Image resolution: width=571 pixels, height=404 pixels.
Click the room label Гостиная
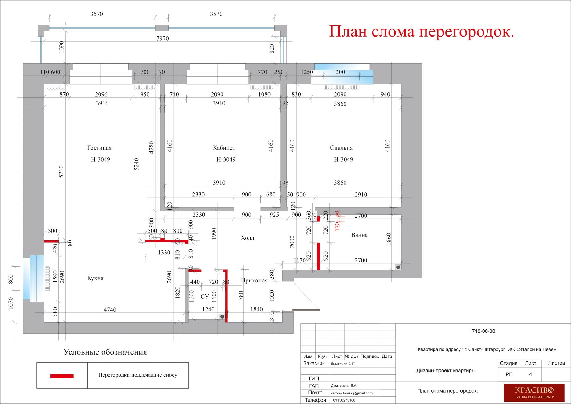[x=99, y=148]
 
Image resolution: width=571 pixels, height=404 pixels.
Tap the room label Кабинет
[x=224, y=148]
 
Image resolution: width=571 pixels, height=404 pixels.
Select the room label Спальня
[x=341, y=148]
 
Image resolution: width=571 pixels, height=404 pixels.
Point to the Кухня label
[x=96, y=278]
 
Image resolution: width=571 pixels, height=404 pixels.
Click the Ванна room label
[x=359, y=235]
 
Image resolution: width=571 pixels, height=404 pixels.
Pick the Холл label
[x=247, y=238]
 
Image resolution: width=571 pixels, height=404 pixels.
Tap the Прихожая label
[x=254, y=281]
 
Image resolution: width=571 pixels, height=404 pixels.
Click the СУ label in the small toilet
[x=204, y=297]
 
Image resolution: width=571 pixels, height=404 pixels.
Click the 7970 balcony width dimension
[x=163, y=39]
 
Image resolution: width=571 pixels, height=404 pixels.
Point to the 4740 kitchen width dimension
[x=110, y=310]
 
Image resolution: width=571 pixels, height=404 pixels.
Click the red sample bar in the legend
[x=62, y=376]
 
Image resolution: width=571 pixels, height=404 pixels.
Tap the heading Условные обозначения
[x=105, y=352]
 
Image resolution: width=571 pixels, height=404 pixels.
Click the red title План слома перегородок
[x=422, y=32]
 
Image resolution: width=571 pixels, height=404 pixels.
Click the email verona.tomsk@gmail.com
[x=352, y=393]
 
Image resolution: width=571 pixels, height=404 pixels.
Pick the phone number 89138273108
[x=344, y=400]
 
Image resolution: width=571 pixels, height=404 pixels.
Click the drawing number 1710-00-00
[x=482, y=332]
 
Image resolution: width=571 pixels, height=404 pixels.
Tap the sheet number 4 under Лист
[x=530, y=375]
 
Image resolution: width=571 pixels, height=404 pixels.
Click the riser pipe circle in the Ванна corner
[x=398, y=267]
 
